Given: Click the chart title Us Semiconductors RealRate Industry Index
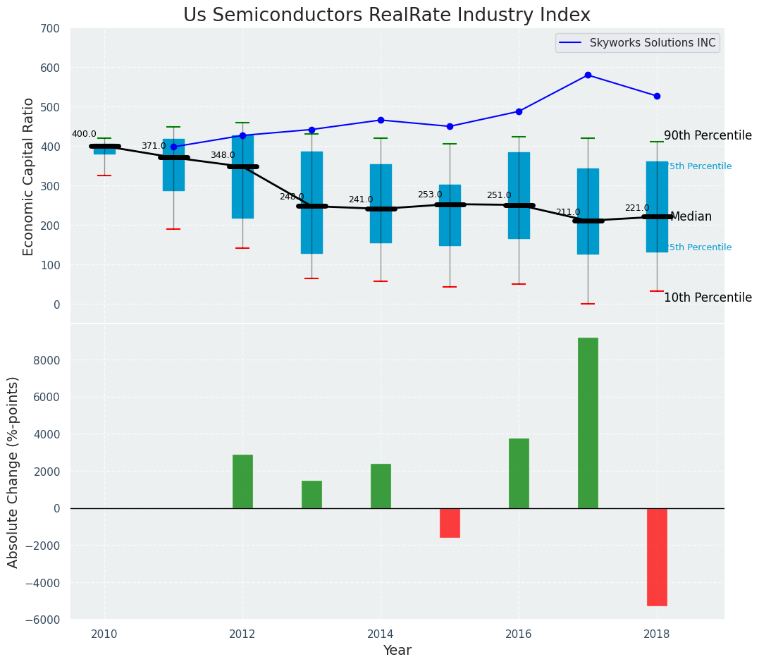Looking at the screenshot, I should [386, 15].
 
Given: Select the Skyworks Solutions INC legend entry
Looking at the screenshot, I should [637, 43].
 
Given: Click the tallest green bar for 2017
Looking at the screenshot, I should [588, 422].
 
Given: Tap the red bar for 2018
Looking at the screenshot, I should [657, 556].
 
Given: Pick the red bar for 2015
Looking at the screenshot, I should [450, 522].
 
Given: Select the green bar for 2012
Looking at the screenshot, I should [242, 481].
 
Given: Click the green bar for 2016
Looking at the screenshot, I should [519, 473].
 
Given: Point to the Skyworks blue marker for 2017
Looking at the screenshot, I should [588, 75].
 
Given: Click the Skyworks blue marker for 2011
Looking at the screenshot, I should [173, 147].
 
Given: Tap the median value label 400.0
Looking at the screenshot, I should [84, 134].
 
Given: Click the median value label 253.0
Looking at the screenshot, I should [430, 195].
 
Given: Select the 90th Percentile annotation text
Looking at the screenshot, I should [708, 136].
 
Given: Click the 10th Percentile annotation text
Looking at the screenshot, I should [708, 297].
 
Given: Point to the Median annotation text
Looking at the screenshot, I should [691, 217].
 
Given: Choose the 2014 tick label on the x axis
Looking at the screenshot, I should [381, 633].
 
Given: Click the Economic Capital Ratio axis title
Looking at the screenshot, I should [29, 176].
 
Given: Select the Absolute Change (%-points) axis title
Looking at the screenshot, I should [13, 472].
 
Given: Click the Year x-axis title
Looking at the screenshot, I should [397, 650].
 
